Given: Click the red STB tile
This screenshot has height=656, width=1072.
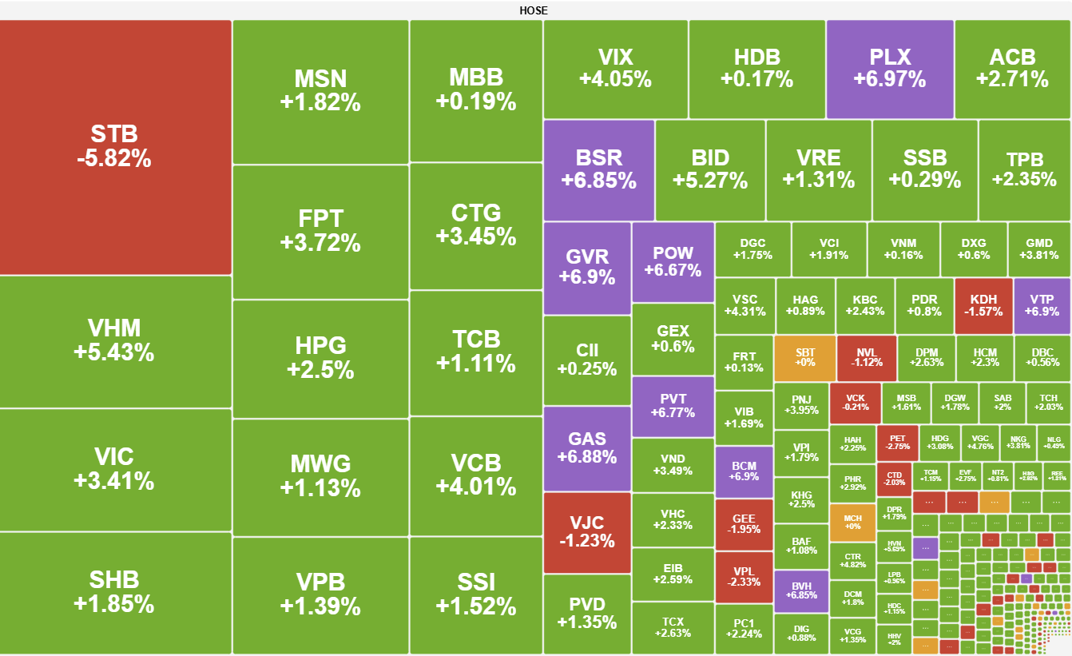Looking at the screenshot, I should (x=115, y=147).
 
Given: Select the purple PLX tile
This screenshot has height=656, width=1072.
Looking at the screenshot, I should (x=890, y=69).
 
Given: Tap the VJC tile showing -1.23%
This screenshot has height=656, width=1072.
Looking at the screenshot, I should (x=586, y=532).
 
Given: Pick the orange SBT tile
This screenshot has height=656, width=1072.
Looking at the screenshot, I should (x=804, y=358).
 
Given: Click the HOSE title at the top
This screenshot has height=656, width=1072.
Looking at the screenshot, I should (x=534, y=10).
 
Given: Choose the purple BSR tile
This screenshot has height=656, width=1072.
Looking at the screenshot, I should (x=598, y=169).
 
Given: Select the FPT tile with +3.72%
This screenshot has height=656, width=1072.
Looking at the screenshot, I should (x=320, y=231).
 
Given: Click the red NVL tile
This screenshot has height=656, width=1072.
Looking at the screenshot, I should (x=866, y=358).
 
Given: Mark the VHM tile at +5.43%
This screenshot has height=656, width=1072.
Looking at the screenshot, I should (x=115, y=341).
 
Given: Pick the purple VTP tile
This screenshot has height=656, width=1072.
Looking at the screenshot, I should (x=1042, y=305).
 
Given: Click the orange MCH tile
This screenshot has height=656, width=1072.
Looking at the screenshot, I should (x=852, y=523).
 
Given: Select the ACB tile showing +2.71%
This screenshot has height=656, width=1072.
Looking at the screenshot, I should (x=1012, y=69).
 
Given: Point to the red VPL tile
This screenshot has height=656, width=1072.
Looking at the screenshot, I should (x=744, y=576).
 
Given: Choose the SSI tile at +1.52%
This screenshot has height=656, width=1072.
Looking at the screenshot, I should (x=476, y=594).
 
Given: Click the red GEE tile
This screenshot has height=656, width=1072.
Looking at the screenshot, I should (x=744, y=524).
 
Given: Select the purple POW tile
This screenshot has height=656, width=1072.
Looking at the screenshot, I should (x=673, y=262).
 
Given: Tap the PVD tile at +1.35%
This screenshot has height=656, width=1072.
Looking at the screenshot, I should (x=586, y=614).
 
